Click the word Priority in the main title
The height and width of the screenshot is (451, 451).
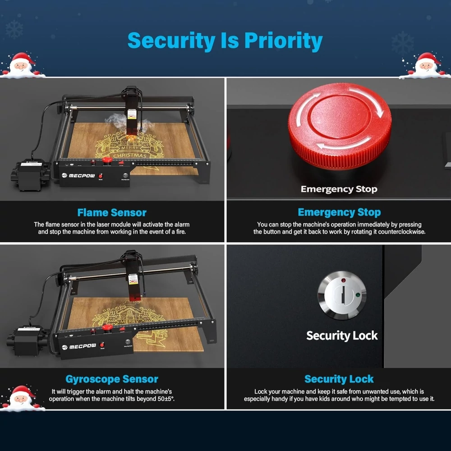click(283, 41)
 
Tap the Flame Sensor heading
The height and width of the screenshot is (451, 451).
click(112, 212)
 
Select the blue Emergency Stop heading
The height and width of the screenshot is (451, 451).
click(339, 212)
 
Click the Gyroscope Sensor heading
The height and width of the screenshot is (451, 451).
click(112, 379)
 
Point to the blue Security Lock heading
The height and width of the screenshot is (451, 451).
click(339, 379)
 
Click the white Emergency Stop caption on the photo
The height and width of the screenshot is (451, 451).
click(339, 189)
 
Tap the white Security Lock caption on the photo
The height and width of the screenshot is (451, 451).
click(342, 336)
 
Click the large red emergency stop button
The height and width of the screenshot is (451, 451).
click(340, 126)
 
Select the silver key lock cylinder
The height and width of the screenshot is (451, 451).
click(342, 295)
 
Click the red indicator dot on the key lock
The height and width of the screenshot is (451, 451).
click(343, 280)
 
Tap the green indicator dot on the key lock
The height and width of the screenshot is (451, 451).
click(358, 295)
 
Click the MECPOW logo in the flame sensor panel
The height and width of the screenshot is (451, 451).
click(78, 175)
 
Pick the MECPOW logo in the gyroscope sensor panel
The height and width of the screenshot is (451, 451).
click(79, 347)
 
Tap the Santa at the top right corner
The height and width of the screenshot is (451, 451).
click(426, 66)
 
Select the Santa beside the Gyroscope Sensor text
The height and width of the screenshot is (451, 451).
click(22, 398)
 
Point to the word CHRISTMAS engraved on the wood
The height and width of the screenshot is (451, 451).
click(130, 155)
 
